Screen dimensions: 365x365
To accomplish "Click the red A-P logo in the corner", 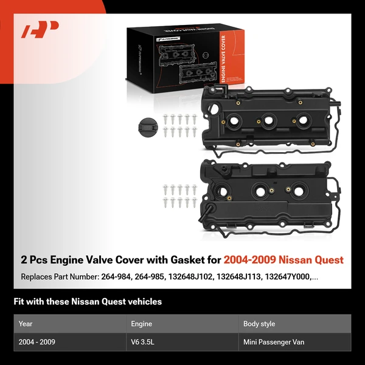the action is [40, 29].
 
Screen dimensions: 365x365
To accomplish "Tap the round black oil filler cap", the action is [148, 127].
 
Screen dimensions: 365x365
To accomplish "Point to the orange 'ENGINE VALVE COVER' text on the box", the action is [223, 58].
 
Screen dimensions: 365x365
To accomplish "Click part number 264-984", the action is [116, 277].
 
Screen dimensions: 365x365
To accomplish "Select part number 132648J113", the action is [239, 277].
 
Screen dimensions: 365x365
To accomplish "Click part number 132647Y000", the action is [288, 277].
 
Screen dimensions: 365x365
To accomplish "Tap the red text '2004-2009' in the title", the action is [250, 260].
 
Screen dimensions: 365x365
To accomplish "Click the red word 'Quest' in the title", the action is [329, 260].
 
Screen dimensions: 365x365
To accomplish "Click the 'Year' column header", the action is [26, 324].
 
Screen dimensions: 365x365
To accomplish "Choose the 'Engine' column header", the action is [141, 324].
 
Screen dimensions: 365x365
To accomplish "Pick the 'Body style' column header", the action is [259, 324].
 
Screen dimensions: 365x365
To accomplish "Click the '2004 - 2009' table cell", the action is [36, 342].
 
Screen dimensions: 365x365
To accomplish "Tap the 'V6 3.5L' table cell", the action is [142, 342].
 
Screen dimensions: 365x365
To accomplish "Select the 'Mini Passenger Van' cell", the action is [274, 342].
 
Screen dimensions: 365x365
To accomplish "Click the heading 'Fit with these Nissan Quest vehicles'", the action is [88, 302].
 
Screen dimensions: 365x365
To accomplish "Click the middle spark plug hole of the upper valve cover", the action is [268, 120].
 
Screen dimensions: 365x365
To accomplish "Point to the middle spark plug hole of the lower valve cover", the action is [260, 192].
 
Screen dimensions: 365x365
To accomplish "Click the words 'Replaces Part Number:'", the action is [60, 277].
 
